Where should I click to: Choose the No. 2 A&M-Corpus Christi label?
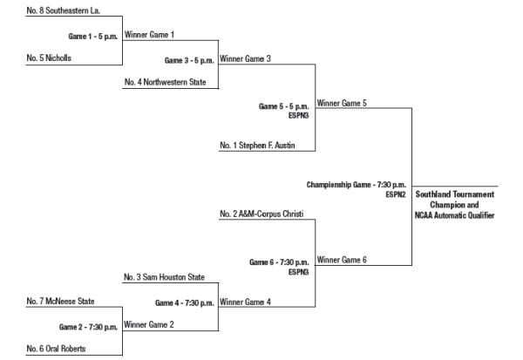pyautogui.click(x=261, y=213)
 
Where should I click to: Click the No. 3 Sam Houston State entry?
pyautogui.click(x=164, y=277)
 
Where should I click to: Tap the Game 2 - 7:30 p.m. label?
pyautogui.click(x=89, y=326)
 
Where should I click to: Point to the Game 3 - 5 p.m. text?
pyautogui.click(x=189, y=61)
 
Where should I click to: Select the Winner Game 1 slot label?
pyautogui.click(x=150, y=35)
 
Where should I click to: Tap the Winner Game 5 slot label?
pyautogui.click(x=342, y=103)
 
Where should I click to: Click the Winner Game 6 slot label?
pyautogui.click(x=342, y=259)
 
